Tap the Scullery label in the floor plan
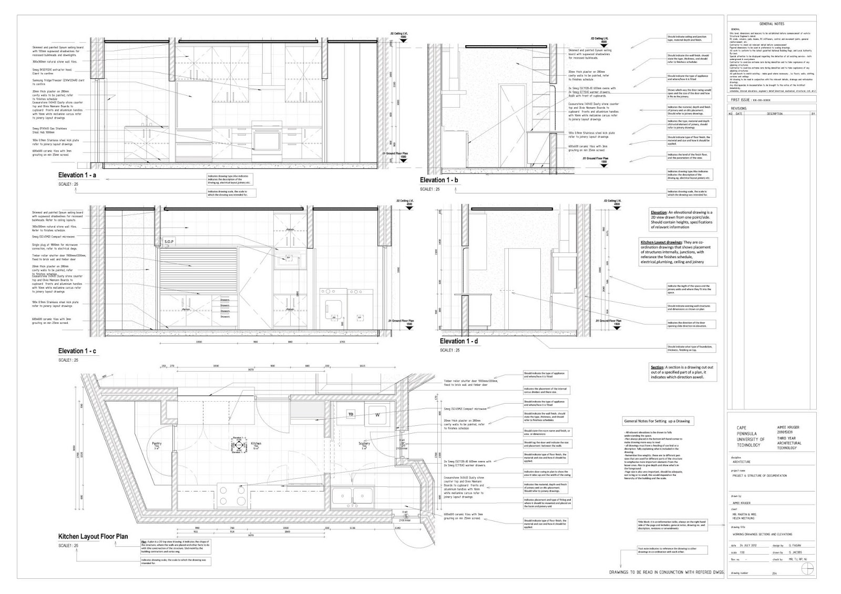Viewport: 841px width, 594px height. [365, 445]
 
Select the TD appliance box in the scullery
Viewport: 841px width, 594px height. [351, 415]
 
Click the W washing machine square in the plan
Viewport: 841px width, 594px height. [377, 414]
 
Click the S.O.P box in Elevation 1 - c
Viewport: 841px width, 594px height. [169, 242]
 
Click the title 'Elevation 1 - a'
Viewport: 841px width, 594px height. [77, 176]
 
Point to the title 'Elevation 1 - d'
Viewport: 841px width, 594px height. [459, 341]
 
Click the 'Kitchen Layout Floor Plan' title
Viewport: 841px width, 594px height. [93, 537]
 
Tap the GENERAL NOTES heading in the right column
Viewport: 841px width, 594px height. [772, 24]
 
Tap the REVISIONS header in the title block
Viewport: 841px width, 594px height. [739, 108]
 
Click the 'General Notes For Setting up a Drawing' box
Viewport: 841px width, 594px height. [658, 421]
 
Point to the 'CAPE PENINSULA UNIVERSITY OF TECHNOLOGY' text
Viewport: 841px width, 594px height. [751, 436]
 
